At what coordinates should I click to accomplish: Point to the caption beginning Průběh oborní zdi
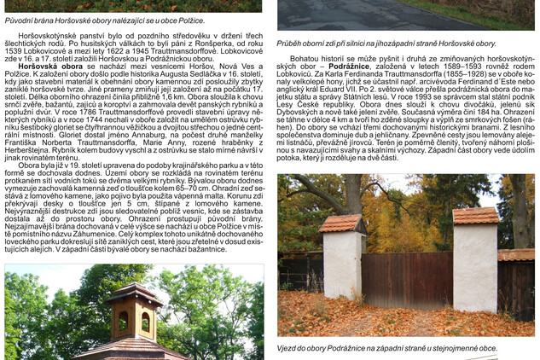click(386, 42)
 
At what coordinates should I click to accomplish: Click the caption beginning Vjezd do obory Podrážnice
click(386, 348)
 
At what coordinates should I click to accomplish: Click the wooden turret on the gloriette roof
click(134, 312)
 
